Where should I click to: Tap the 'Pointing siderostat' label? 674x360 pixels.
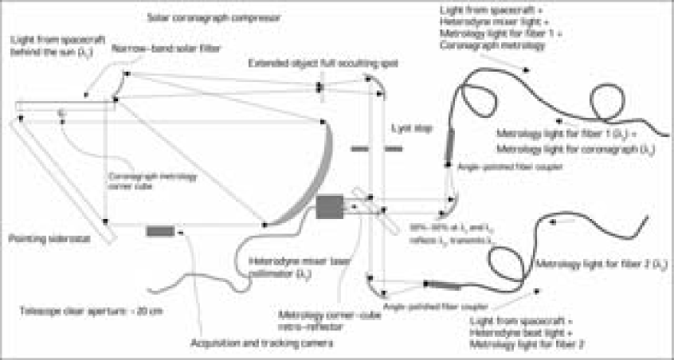point(41,237)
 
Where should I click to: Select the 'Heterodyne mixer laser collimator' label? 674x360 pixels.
point(268,267)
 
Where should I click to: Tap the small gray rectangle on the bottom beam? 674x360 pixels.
point(159,231)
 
